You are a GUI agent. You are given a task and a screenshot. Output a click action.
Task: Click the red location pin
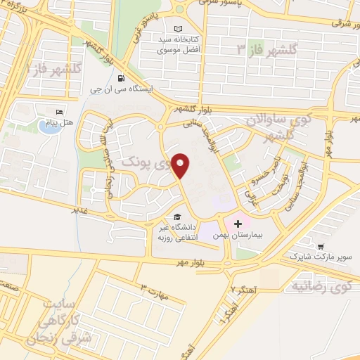(x=181, y=166)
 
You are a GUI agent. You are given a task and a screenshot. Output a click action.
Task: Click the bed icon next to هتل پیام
(x=60, y=112)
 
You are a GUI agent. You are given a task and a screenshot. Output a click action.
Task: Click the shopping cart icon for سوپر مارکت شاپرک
(x=321, y=247)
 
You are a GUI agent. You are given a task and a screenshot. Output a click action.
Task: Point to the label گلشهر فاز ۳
(x=268, y=49)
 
